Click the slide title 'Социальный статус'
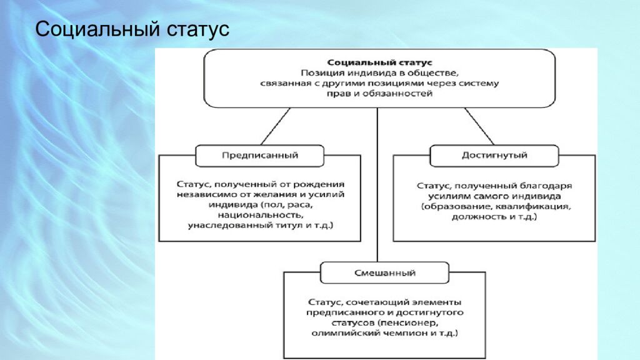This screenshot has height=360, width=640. pyautogui.click(x=132, y=29)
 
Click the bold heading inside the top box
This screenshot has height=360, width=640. pyautogui.click(x=379, y=62)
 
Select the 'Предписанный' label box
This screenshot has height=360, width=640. pyautogui.click(x=260, y=155)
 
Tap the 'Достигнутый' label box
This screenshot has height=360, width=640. pyautogui.click(x=494, y=155)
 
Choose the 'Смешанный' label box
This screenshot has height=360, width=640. pyautogui.click(x=384, y=272)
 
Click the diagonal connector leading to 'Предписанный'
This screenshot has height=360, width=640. pyautogui.click(x=275, y=126)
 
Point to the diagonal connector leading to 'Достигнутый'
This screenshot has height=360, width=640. pyautogui.click(x=480, y=126)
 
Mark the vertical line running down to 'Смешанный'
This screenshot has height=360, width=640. pyautogui.click(x=377, y=187)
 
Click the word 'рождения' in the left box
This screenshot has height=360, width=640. pyautogui.click(x=321, y=184)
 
